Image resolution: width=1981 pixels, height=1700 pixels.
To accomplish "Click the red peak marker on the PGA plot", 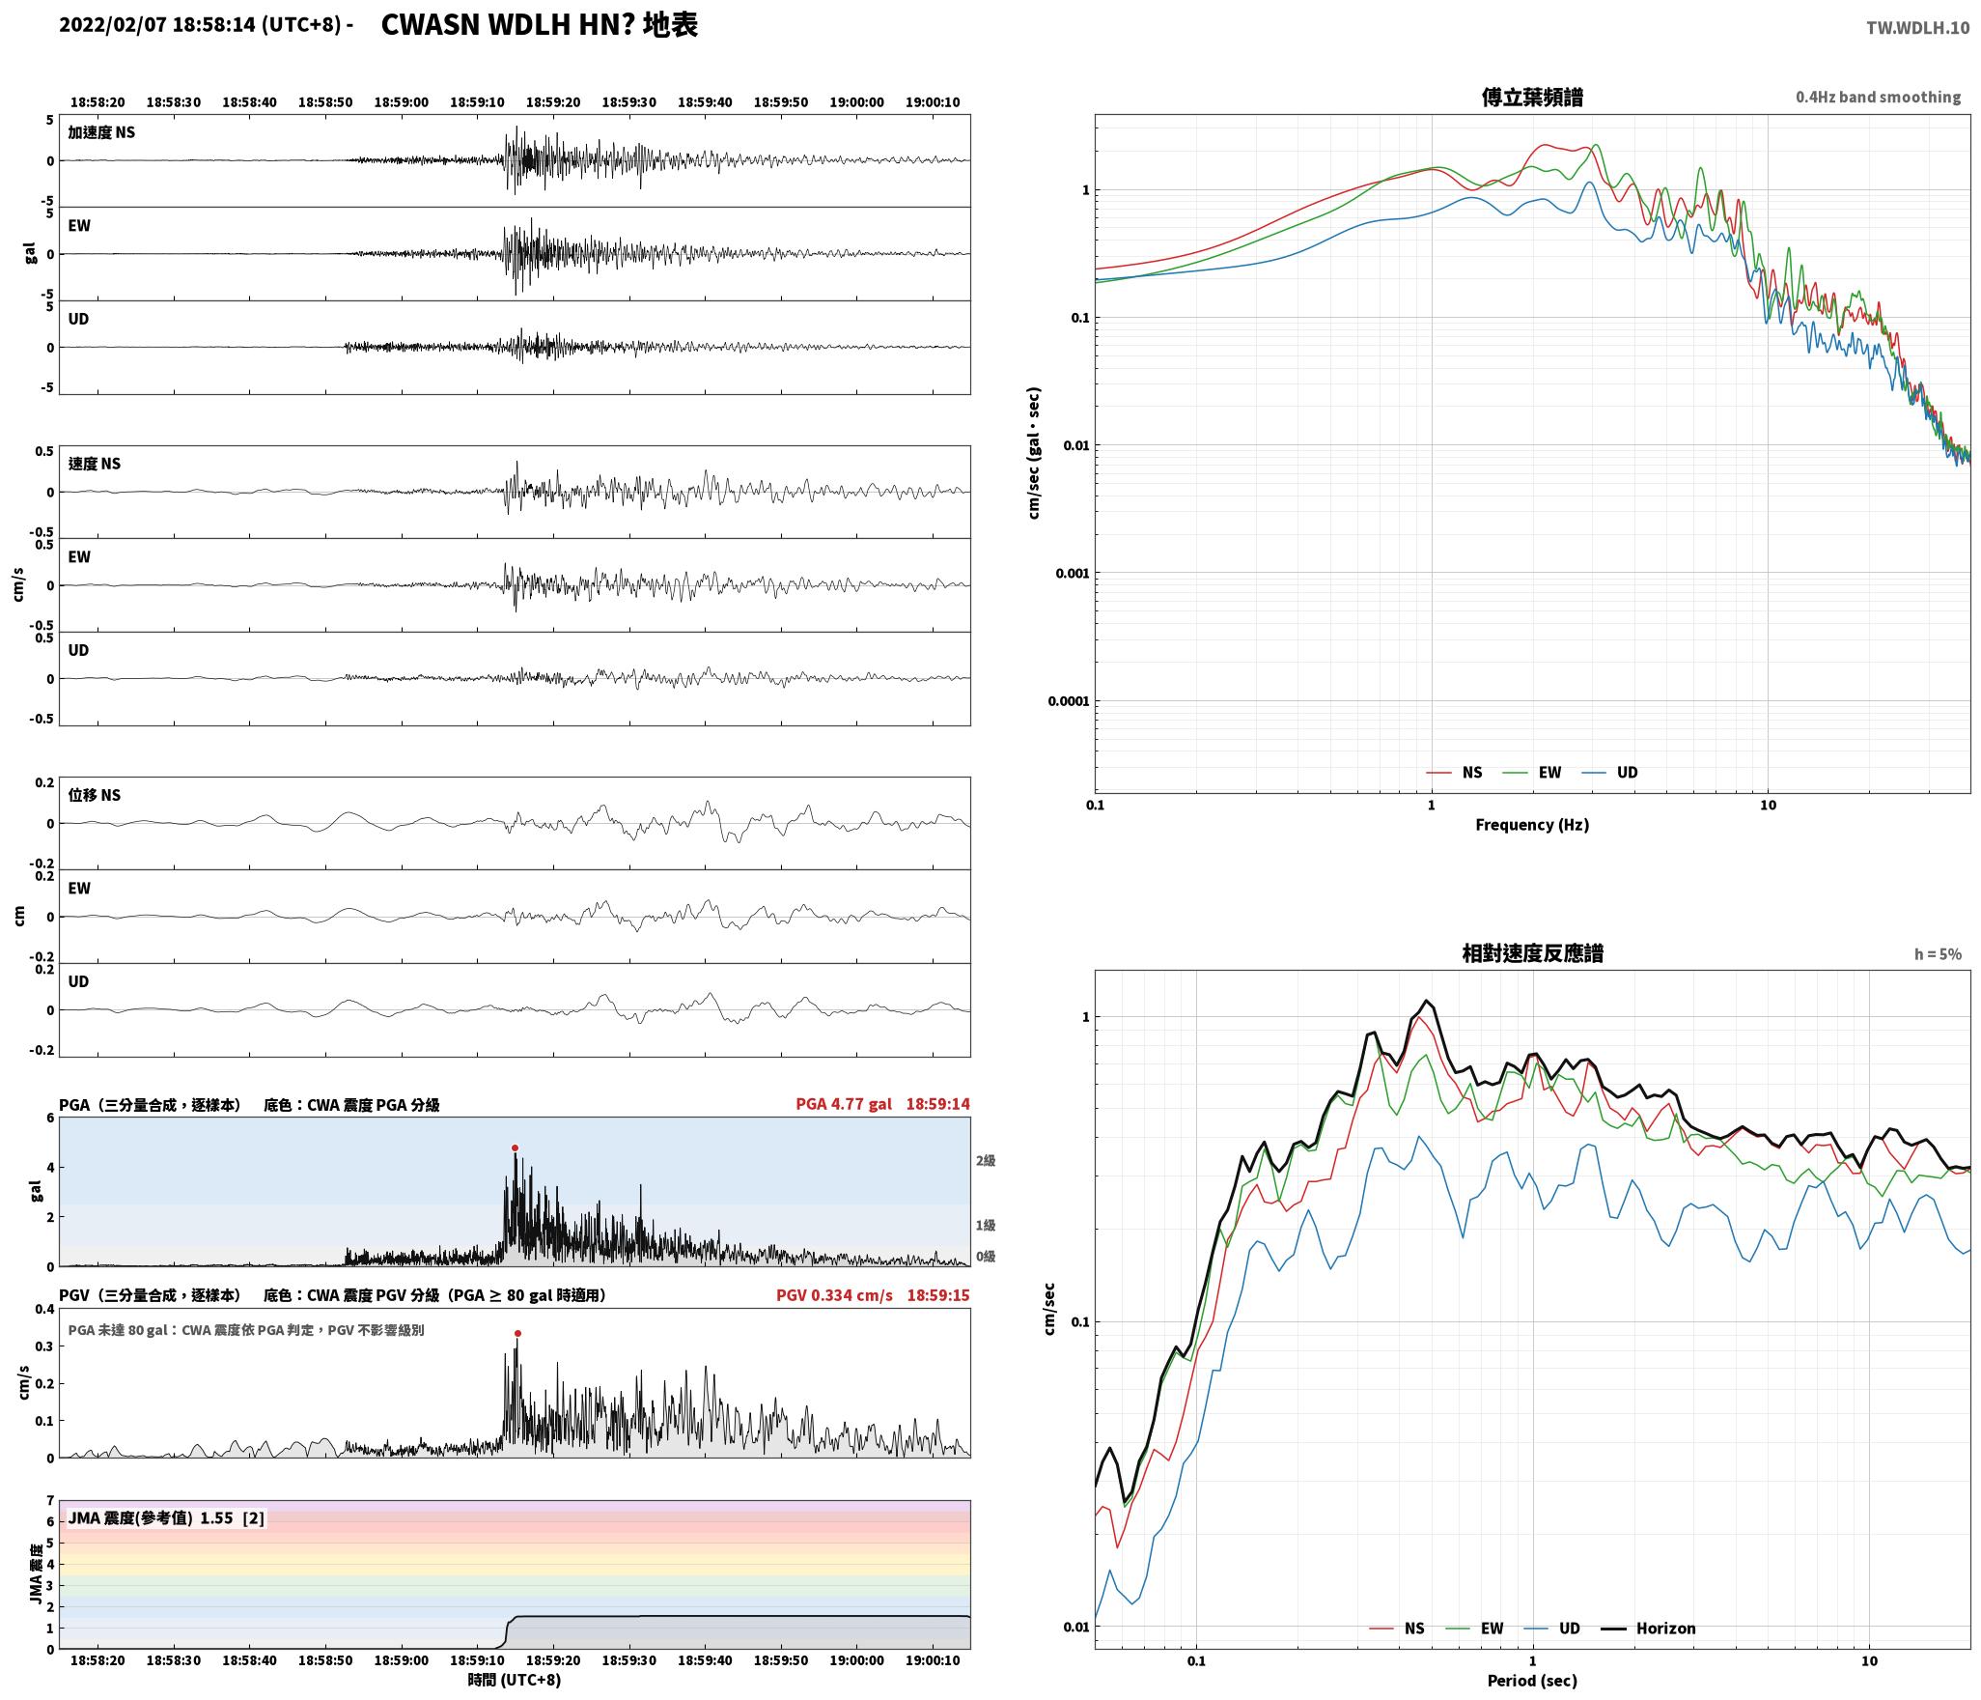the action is point(515,1147).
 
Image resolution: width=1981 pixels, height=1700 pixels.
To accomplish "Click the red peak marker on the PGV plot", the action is point(517,1333).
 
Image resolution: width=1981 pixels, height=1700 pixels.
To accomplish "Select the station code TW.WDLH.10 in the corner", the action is point(1917,28).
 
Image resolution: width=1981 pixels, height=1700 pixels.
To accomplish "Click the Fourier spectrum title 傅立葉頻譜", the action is point(1532,97).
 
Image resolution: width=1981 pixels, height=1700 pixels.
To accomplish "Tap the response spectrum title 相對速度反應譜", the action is point(1532,953).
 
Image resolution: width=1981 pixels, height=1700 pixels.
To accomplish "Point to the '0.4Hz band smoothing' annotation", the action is point(1878,98).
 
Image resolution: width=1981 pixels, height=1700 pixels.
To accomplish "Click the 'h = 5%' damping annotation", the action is point(1938,954).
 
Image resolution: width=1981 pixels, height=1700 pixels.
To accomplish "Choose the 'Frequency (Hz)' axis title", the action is point(1532,824).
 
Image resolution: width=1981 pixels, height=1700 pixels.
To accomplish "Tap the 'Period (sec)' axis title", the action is point(1532,1680).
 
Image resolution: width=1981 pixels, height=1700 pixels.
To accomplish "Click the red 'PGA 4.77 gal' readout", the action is point(844,1104).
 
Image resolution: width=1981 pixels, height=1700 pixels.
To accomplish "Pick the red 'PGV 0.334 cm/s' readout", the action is point(834,1294).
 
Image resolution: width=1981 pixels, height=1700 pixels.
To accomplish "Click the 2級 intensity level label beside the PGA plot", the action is point(985,1160).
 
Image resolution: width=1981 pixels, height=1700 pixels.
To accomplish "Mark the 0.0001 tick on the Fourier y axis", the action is point(1068,701).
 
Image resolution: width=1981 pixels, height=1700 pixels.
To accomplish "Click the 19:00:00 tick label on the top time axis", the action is point(856,101).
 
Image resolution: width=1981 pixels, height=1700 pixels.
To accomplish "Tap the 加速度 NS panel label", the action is point(101,132).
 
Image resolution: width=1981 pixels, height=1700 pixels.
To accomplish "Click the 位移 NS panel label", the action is point(95,795).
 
